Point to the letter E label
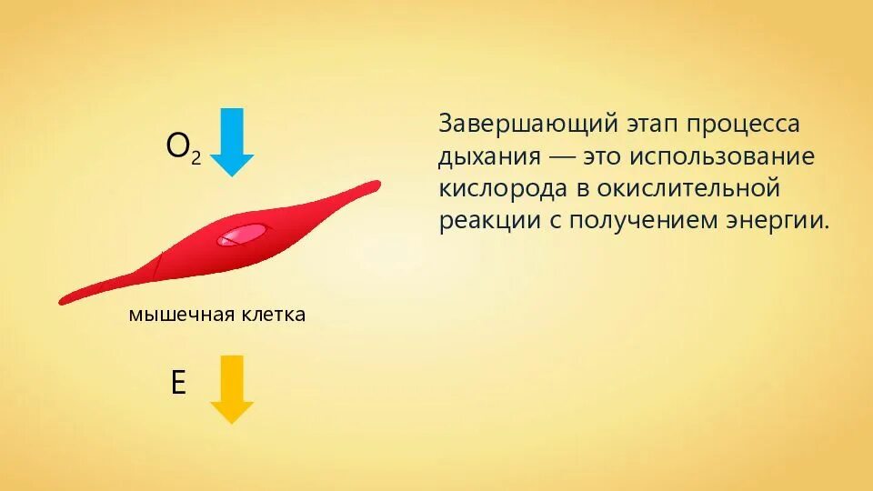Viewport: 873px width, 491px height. (x=178, y=383)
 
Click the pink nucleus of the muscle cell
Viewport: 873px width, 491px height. (x=241, y=235)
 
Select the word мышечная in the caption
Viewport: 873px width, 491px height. (x=181, y=316)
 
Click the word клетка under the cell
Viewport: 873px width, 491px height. (x=273, y=316)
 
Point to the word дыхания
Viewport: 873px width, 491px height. (x=488, y=157)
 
